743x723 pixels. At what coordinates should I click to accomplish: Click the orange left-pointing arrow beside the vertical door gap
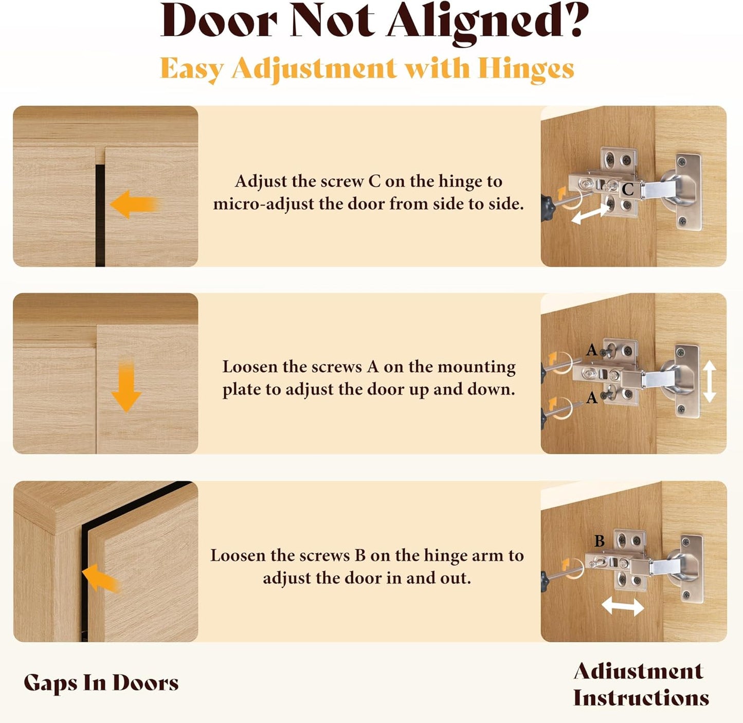coord(134,204)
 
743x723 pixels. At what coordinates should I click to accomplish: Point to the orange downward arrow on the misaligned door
coord(126,386)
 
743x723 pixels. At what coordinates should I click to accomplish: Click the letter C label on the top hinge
coord(628,189)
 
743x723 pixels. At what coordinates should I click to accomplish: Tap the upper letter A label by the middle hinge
coord(591,350)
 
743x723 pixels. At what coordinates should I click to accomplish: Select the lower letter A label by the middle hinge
coord(592,398)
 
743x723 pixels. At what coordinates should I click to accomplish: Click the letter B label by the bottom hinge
coord(600,541)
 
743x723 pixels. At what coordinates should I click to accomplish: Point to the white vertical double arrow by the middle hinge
coord(710,382)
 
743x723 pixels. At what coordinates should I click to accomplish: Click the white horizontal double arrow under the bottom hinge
coord(623,607)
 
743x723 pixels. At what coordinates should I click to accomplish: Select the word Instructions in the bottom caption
coord(641,698)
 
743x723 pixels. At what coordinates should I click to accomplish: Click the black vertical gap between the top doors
coord(100,215)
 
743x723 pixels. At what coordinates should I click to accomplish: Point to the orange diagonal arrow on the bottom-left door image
coord(100,579)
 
